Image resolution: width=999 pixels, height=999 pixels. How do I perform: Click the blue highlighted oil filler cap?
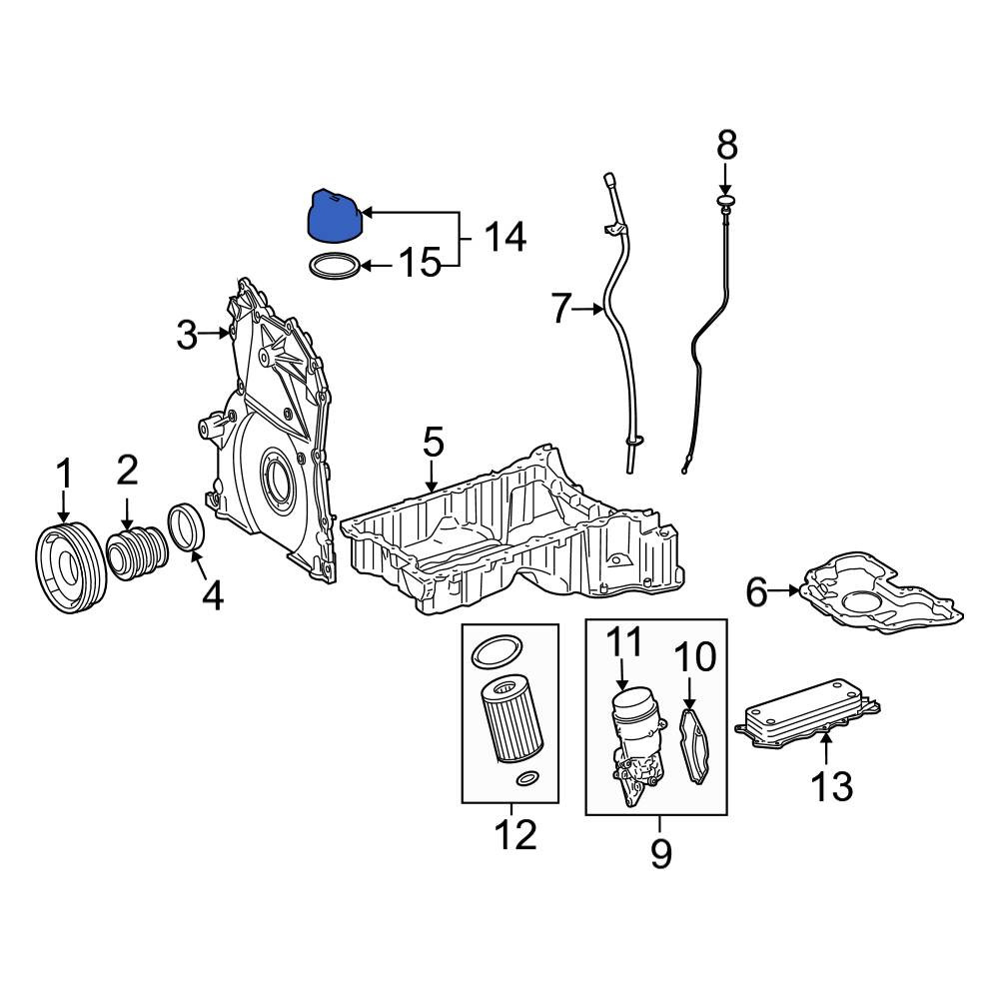coord(335,216)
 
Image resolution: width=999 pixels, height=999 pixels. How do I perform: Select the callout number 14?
coord(505,237)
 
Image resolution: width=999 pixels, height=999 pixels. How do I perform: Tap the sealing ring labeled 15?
coord(334,265)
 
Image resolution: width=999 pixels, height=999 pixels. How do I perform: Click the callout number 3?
coord(187,335)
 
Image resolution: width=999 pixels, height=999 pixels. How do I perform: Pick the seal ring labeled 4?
coord(186,525)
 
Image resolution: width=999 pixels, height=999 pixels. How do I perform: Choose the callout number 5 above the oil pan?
coord(433,442)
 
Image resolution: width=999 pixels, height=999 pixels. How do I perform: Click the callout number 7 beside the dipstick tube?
coord(560,309)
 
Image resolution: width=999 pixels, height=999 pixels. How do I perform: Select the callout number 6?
coord(756,592)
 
